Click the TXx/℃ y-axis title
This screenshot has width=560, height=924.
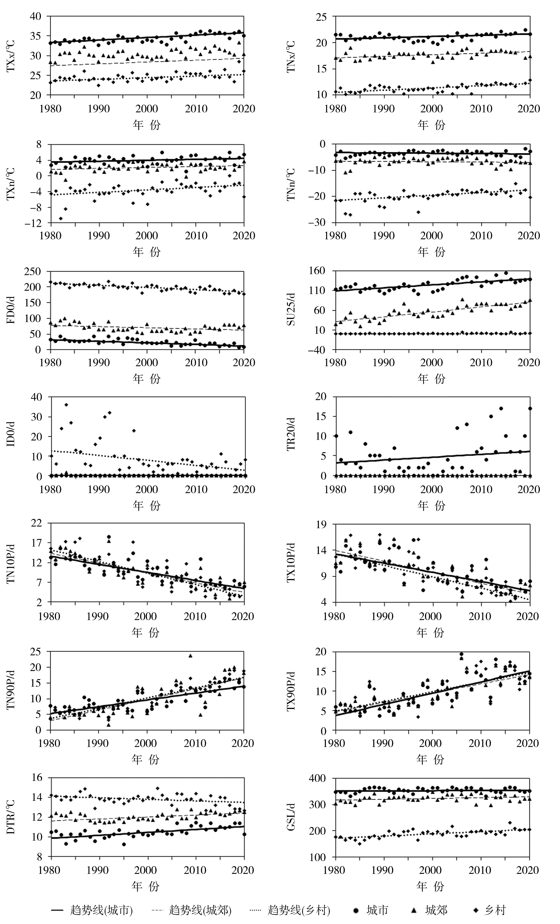(12, 56)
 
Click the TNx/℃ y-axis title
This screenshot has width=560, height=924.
(291, 56)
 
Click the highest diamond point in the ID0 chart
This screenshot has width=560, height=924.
(66, 405)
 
